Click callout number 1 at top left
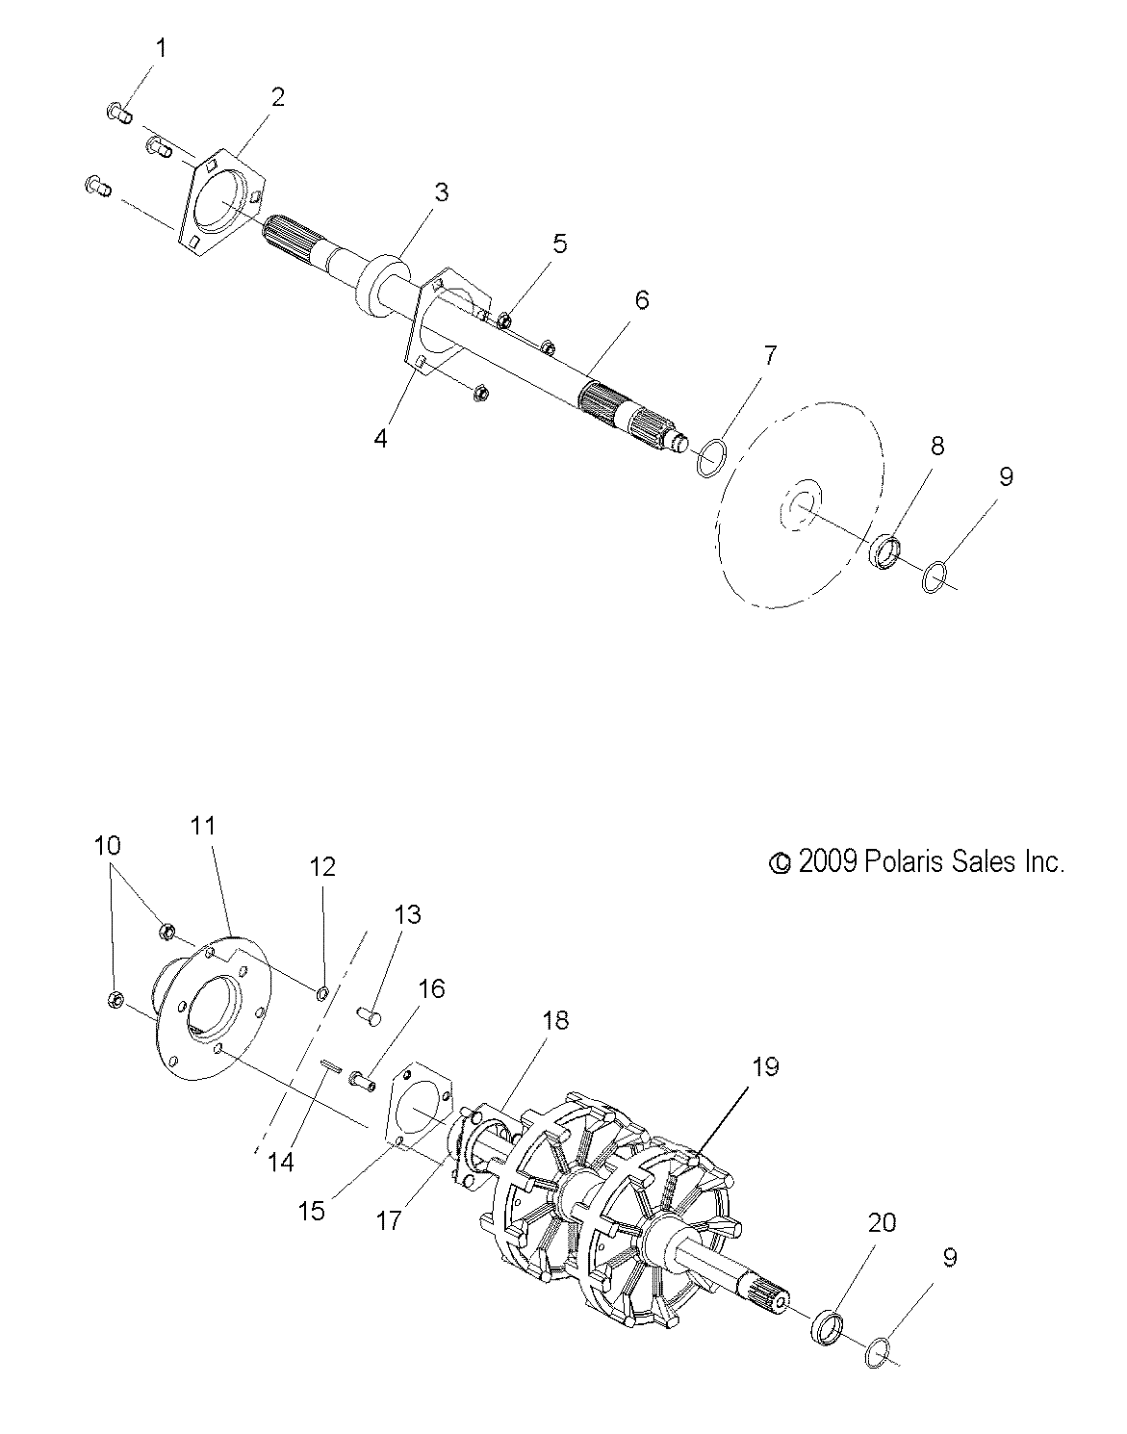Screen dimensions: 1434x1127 (161, 48)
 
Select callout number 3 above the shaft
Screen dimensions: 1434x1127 (441, 192)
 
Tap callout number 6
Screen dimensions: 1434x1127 (641, 300)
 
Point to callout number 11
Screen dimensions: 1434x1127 (203, 825)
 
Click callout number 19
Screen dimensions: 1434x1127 (765, 1066)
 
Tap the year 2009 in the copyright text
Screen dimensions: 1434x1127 (827, 861)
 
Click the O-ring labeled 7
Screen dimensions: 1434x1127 (707, 456)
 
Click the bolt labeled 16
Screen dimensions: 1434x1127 (362, 1082)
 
